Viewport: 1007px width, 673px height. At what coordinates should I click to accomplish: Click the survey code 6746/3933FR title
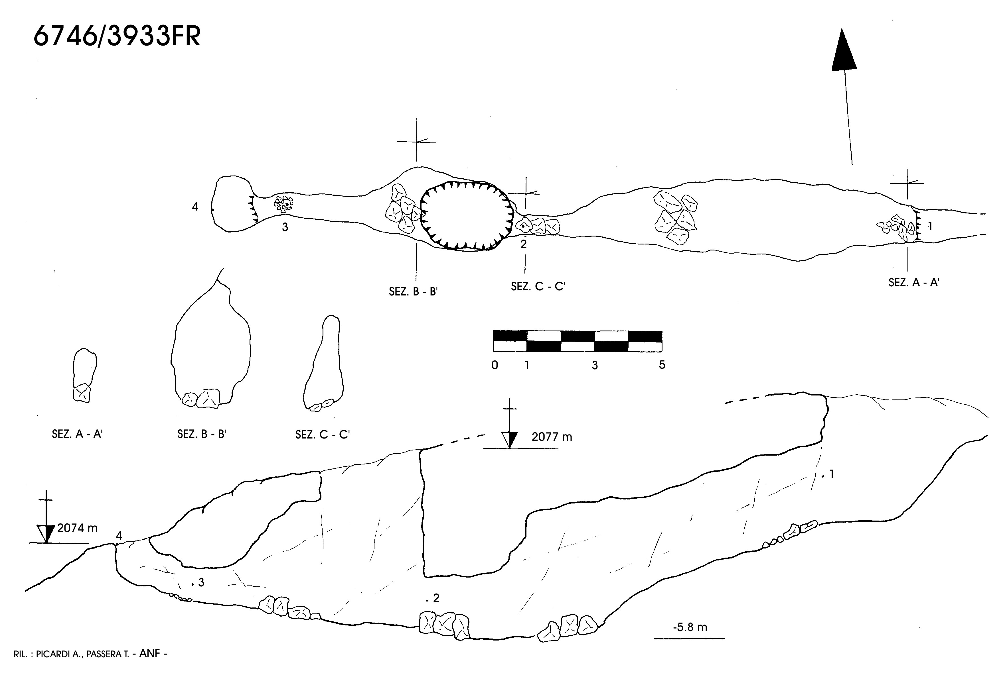pyautogui.click(x=117, y=36)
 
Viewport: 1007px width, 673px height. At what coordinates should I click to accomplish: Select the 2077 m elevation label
pyautogui.click(x=552, y=437)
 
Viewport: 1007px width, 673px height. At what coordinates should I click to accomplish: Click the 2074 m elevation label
pyautogui.click(x=77, y=528)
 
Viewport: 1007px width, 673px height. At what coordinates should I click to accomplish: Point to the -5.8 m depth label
pyautogui.click(x=690, y=627)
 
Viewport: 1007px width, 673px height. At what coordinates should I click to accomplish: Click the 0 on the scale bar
pyautogui.click(x=495, y=365)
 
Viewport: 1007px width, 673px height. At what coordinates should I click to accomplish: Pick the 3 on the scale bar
pyautogui.click(x=595, y=366)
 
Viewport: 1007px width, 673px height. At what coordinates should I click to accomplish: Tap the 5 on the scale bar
pyautogui.click(x=662, y=365)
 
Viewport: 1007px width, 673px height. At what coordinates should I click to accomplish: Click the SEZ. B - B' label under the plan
pyautogui.click(x=413, y=292)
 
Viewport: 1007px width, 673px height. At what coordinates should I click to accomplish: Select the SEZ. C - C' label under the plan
pyautogui.click(x=538, y=286)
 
